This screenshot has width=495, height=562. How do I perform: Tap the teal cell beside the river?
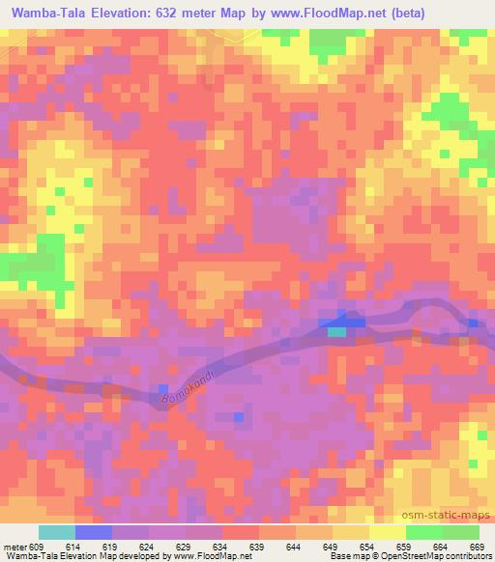click(x=336, y=331)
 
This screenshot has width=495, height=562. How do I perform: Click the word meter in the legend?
click(x=14, y=548)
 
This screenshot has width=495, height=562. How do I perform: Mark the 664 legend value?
click(x=443, y=548)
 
